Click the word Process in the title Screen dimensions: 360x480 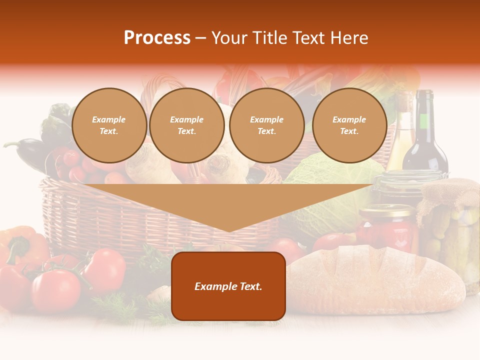[157, 38]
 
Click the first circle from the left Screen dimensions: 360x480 [109, 125]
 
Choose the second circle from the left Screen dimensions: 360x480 [187, 125]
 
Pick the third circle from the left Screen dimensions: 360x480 [267, 125]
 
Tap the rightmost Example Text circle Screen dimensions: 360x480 [349, 125]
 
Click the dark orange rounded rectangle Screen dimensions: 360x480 [228, 286]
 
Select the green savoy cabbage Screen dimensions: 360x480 [335, 190]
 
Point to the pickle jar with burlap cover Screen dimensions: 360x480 [450, 225]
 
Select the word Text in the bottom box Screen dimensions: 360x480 [249, 286]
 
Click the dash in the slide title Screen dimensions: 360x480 [200, 38]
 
